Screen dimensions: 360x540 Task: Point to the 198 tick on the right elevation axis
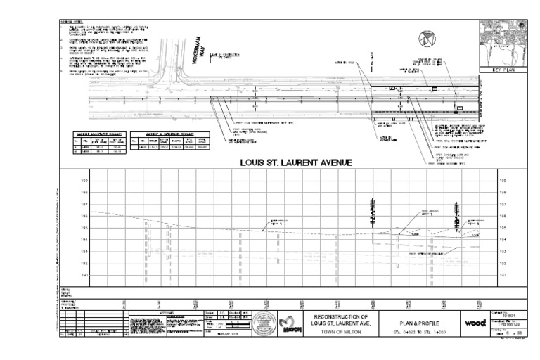(483, 192)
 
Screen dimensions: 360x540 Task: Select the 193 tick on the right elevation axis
(483, 251)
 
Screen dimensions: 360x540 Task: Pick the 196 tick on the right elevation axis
(483, 216)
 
